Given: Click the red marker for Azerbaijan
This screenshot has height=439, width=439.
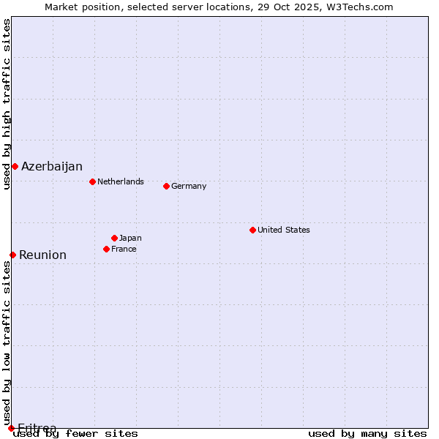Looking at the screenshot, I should pos(15,166).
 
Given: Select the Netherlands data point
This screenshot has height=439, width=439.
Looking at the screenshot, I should pos(92,181).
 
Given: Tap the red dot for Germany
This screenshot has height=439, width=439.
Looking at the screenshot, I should pos(166,186).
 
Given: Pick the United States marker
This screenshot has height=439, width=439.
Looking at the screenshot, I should pos(252,230).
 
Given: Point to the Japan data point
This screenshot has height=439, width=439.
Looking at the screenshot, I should pos(114,238).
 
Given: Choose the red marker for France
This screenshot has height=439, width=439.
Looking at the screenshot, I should pos(106,249).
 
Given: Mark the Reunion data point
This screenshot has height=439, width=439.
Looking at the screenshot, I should pos(12,255).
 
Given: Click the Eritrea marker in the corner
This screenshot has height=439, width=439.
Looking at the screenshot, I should pos(11,428).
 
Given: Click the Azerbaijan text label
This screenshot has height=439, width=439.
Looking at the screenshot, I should pos(51,166).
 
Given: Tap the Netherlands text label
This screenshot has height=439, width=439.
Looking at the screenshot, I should pos(120,181).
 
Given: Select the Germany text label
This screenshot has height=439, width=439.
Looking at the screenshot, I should pos(189,186).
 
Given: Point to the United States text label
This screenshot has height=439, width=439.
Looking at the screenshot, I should pos(283,230).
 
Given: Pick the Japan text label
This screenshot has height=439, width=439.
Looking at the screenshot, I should pos(130,238).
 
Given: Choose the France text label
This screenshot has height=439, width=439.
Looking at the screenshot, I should pos(124,249).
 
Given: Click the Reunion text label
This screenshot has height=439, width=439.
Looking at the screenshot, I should pos(42,255).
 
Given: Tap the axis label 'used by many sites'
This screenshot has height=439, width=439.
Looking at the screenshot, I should pos(367,433).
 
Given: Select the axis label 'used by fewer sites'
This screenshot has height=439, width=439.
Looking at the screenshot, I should pos(76,433).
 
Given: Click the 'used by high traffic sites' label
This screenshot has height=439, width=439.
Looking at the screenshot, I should pos(7,104).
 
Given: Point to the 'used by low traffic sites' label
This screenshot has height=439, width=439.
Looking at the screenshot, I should pos(7,343).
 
